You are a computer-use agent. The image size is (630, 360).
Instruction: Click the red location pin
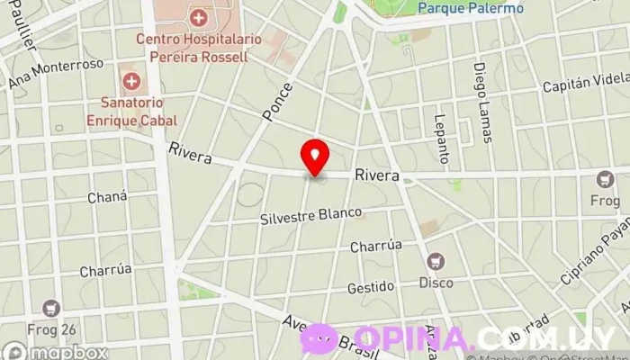pos(315,157)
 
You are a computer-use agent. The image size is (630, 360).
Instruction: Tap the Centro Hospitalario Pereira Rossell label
pos(198,47)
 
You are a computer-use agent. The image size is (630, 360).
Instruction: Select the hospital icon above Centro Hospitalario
pos(198,17)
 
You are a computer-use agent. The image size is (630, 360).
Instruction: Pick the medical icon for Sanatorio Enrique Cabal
pos(132,82)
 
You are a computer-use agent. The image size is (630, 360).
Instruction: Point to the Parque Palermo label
pos(471,8)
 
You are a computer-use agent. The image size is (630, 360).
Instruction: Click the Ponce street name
pos(278,102)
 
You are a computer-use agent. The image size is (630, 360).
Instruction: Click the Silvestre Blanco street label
pos(310,217)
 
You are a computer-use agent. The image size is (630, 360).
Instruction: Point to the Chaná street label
pos(107,197)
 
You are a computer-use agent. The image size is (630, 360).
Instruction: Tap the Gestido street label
pos(371,288)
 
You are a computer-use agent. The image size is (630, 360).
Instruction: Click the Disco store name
pos(436,282)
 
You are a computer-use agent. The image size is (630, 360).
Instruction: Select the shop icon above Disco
pos(436,261)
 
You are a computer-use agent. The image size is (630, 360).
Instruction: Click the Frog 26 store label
pos(52,328)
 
